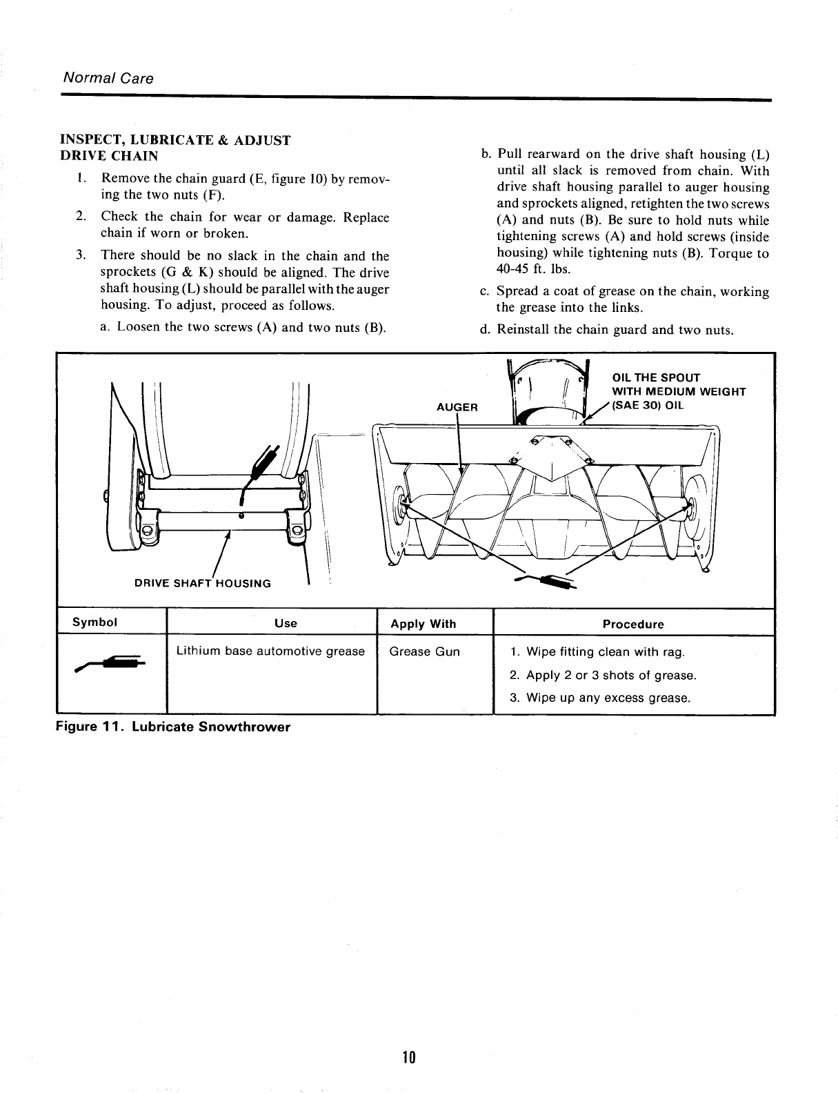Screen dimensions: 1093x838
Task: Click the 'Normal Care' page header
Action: click(x=108, y=78)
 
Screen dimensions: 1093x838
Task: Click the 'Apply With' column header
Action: click(x=423, y=624)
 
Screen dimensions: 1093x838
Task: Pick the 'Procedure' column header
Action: click(x=632, y=624)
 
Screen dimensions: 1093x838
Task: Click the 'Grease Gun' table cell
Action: click(x=424, y=651)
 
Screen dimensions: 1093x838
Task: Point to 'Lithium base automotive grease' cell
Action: click(x=270, y=651)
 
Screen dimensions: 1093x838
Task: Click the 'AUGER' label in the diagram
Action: click(x=457, y=407)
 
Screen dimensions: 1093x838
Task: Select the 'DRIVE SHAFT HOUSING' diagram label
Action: click(x=203, y=583)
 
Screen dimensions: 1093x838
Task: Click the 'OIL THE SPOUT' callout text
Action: click(x=656, y=377)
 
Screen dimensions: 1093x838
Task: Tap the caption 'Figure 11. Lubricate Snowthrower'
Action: click(x=173, y=727)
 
